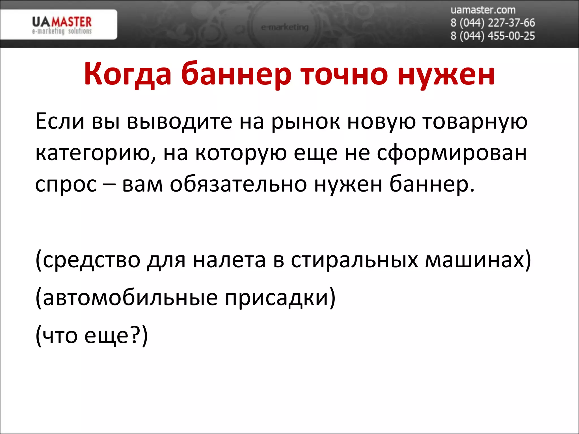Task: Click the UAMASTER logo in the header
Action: pos(62,25)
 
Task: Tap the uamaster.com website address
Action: pos(483,10)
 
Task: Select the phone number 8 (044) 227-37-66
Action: pos(492,23)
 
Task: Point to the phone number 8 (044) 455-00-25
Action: pos(492,36)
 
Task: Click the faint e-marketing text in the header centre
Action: pos(285,27)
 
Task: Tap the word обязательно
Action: pos(238,184)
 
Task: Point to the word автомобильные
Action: pos(130,298)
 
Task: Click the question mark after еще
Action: pos(136,335)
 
